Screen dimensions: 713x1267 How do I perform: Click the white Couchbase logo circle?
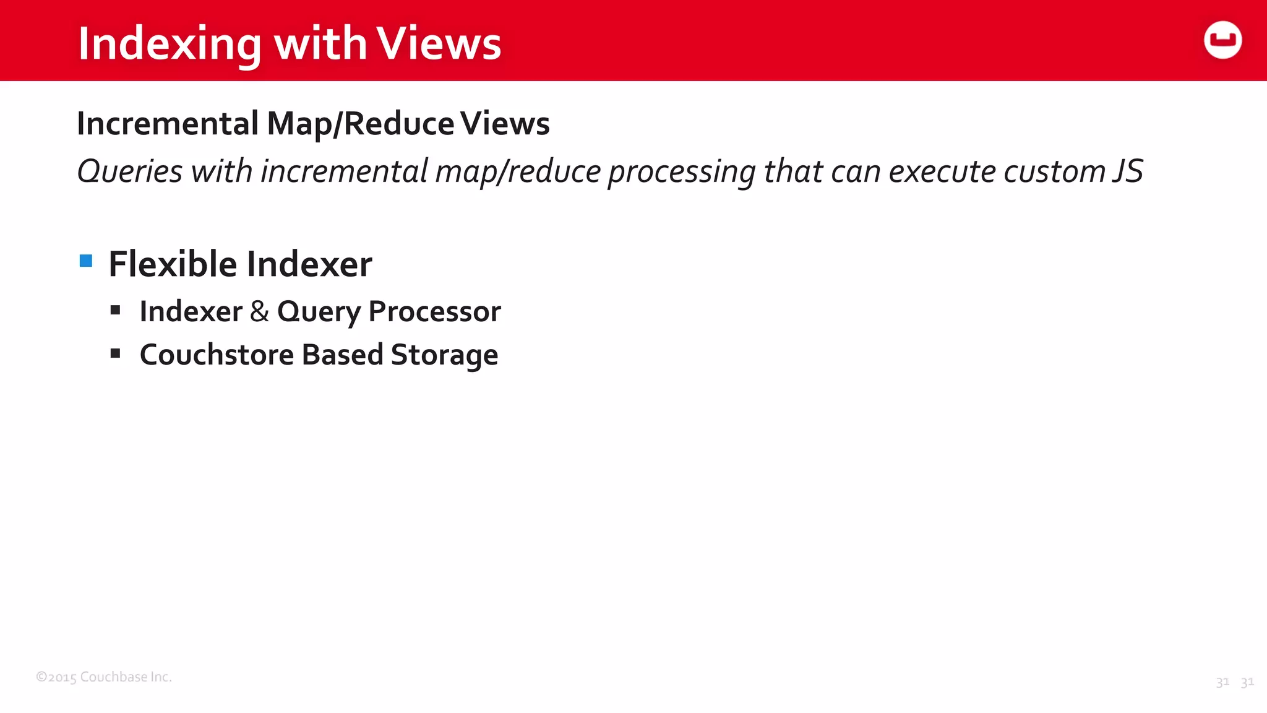pyautogui.click(x=1222, y=40)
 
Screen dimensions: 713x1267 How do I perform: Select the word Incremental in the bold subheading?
pyautogui.click(x=168, y=123)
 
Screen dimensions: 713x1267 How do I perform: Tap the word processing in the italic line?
pyautogui.click(x=681, y=172)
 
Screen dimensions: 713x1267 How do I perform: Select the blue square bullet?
pyautogui.click(x=86, y=261)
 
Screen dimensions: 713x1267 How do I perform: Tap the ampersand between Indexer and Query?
pyautogui.click(x=259, y=311)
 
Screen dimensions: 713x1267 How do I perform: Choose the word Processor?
pyautogui.click(x=434, y=311)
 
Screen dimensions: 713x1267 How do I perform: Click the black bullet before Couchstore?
pyautogui.click(x=115, y=353)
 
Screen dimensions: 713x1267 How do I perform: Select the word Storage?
pyautogui.click(x=444, y=355)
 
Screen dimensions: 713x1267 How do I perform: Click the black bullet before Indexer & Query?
pyautogui.click(x=115, y=310)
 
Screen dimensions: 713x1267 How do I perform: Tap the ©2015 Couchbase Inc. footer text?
pyautogui.click(x=104, y=676)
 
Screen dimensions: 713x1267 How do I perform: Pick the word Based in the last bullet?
pyautogui.click(x=342, y=355)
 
